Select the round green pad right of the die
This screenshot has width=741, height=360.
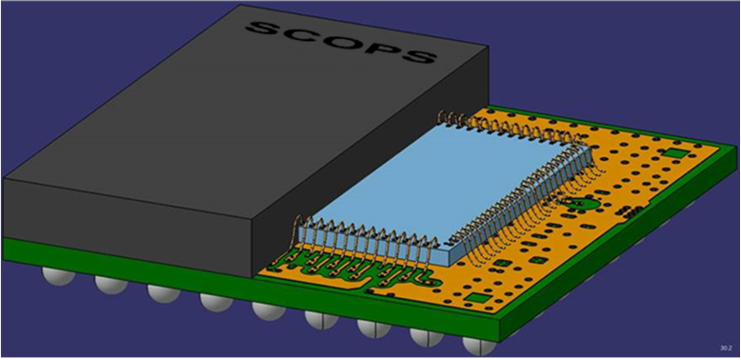click(577, 204)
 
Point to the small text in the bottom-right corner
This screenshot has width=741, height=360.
click(726, 348)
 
